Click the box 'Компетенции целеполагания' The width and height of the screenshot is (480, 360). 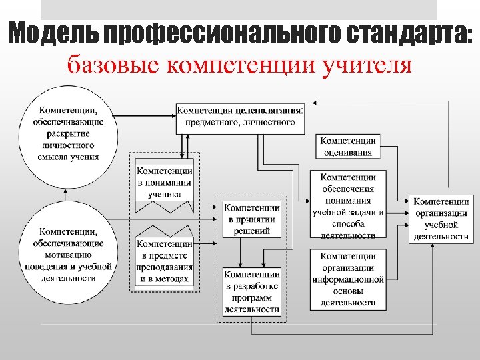(241, 117)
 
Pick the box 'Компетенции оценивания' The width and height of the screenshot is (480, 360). (348, 146)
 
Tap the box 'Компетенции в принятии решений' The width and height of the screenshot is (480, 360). (252, 219)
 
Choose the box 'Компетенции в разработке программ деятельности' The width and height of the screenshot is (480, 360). (252, 291)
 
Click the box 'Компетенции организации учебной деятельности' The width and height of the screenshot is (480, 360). (441, 219)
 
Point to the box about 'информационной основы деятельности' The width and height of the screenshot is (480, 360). (348, 279)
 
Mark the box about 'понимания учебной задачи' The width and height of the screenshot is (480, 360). (348, 205)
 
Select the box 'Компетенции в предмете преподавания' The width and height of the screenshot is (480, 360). (165, 261)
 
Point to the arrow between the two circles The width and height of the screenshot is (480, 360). (66, 193)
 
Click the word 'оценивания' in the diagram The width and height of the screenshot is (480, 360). (348, 152)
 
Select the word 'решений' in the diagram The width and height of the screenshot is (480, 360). (252, 231)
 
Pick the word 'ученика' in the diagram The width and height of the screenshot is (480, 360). (165, 195)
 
